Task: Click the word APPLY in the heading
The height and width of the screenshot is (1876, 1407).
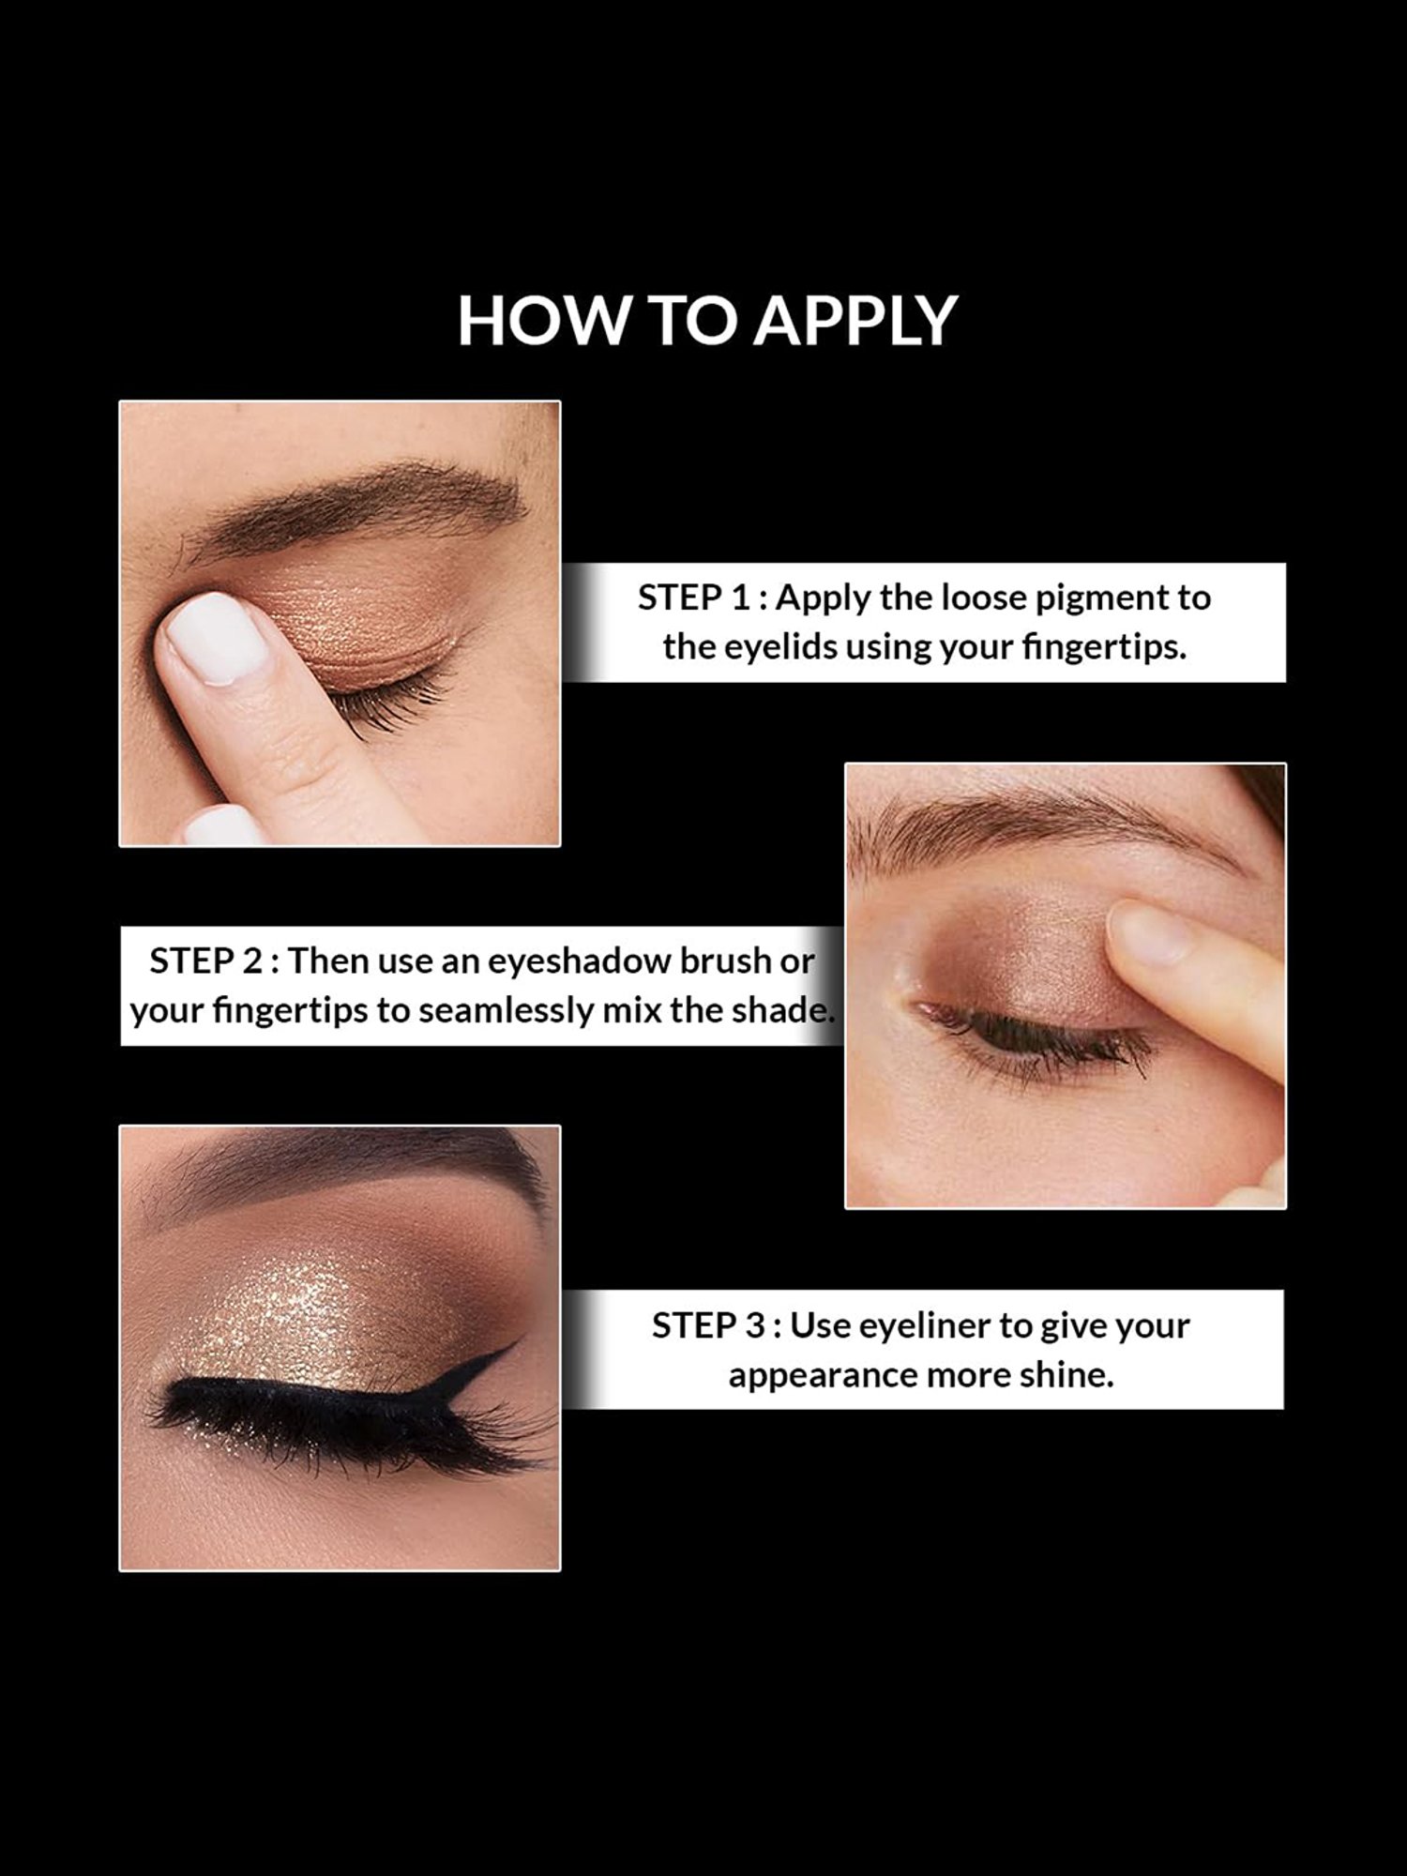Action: (x=855, y=321)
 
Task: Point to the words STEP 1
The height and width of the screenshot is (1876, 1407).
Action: (x=694, y=598)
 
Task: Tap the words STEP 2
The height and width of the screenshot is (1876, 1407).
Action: (x=205, y=961)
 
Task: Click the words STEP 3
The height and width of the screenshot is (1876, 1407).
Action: (x=708, y=1326)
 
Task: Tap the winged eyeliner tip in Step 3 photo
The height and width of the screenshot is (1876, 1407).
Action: (x=514, y=1346)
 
